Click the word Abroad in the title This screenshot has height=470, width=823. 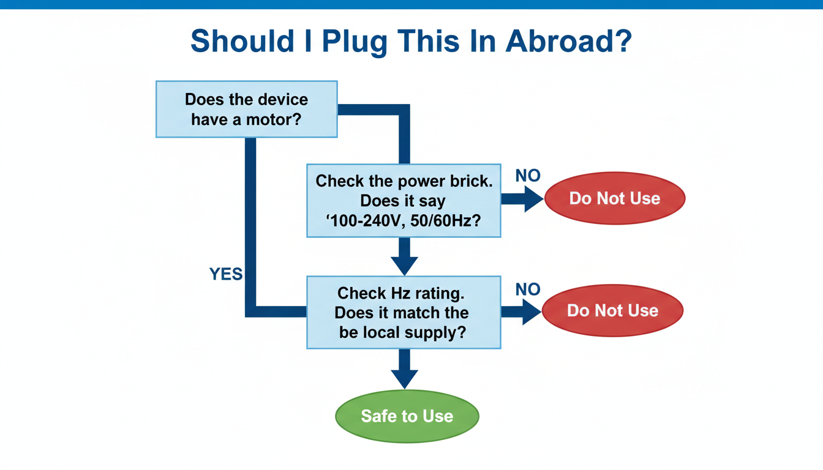pos(569,41)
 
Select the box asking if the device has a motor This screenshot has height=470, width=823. pos(246,108)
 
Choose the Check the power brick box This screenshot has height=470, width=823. pos(404,200)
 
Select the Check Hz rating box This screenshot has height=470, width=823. pos(404,312)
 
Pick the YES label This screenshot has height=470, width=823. pos(226,275)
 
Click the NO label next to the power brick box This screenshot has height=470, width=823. pos(527,176)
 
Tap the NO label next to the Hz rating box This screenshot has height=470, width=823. pos(527,289)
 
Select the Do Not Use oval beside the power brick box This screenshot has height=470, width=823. pos(614,198)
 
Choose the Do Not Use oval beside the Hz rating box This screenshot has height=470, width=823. pos(612,311)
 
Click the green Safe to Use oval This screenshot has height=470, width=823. pos(407,416)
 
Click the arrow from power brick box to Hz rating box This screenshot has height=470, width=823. pos(404,257)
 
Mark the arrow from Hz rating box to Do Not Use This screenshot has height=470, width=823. pos(521,311)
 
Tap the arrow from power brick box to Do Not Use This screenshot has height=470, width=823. pos(522,199)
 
